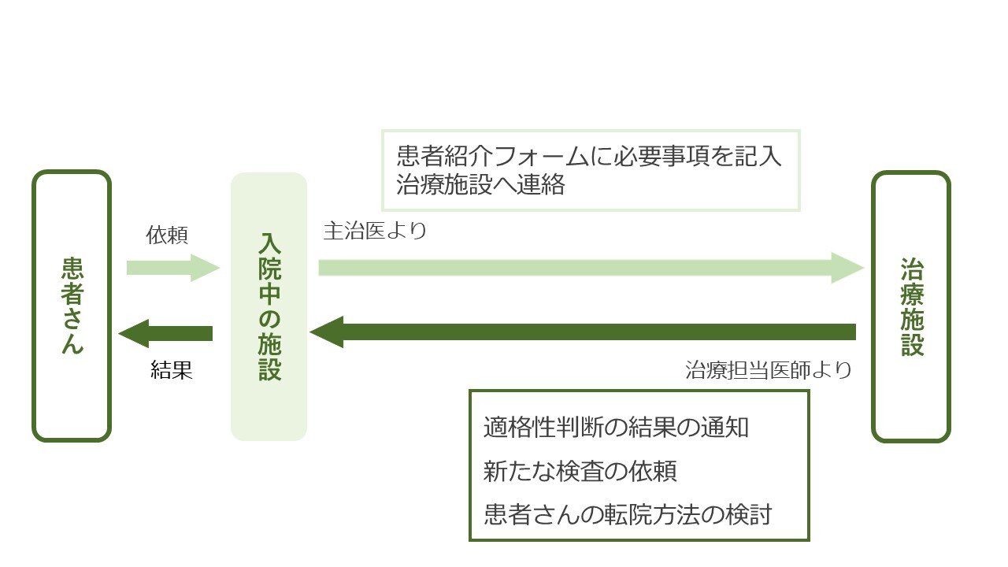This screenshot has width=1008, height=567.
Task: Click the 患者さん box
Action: click(x=72, y=306)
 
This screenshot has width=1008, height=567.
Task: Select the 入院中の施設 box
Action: click(x=269, y=306)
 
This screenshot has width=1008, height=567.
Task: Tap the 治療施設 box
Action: click(x=911, y=306)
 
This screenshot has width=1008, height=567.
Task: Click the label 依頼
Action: click(x=168, y=235)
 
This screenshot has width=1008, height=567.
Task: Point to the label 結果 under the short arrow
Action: click(x=172, y=371)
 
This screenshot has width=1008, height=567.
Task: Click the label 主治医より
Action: click(x=375, y=232)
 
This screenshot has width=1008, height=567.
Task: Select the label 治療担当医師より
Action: click(x=769, y=370)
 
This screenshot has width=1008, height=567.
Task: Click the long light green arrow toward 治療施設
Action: click(x=591, y=268)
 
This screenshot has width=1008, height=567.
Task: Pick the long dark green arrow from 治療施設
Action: click(x=583, y=332)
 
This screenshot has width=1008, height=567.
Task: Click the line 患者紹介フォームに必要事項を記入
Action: click(x=590, y=156)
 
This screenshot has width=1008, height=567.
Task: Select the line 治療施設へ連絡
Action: click(x=481, y=186)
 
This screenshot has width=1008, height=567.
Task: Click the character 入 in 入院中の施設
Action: click(x=269, y=243)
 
